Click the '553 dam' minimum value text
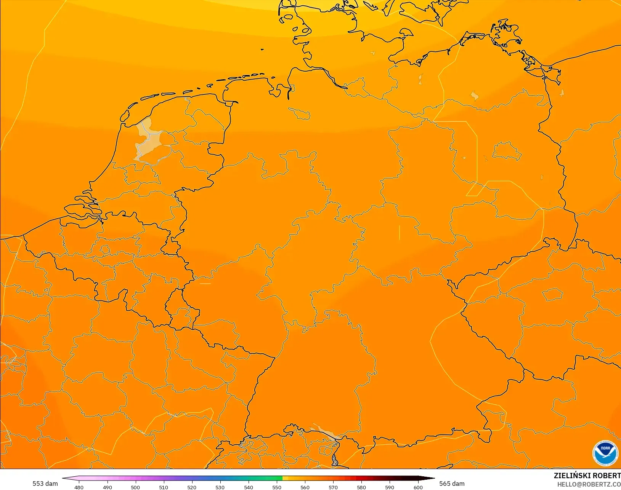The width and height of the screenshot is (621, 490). click(x=45, y=484)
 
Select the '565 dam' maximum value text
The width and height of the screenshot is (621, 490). click(x=452, y=484)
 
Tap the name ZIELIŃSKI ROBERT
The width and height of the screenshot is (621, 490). click(x=587, y=476)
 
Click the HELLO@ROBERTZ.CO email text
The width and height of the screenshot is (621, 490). click(x=589, y=484)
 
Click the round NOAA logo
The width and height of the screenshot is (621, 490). click(x=605, y=453)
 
